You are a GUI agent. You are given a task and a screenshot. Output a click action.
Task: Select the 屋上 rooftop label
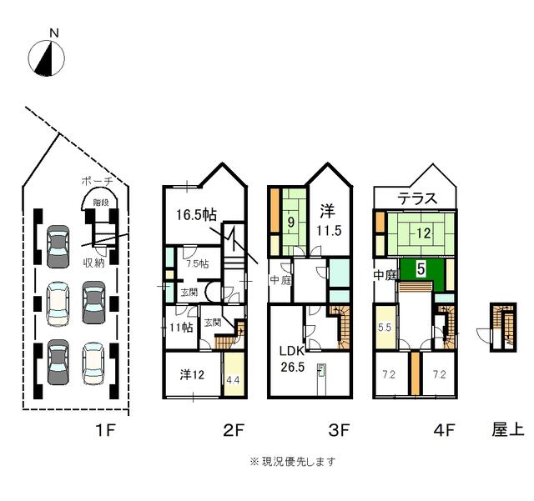click(x=506, y=430)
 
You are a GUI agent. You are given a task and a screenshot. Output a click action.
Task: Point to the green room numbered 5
click(x=421, y=269)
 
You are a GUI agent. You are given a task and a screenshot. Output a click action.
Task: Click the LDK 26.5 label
click(x=292, y=358)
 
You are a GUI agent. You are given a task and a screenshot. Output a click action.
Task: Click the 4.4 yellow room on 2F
click(x=233, y=379)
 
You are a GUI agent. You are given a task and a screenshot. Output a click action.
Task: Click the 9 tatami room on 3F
click(x=290, y=223)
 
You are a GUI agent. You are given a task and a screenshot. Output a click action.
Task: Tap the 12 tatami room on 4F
click(x=422, y=234)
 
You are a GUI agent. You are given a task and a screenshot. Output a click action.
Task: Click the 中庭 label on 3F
click(x=280, y=280)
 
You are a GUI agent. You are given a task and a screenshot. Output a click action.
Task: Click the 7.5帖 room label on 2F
click(x=198, y=263)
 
